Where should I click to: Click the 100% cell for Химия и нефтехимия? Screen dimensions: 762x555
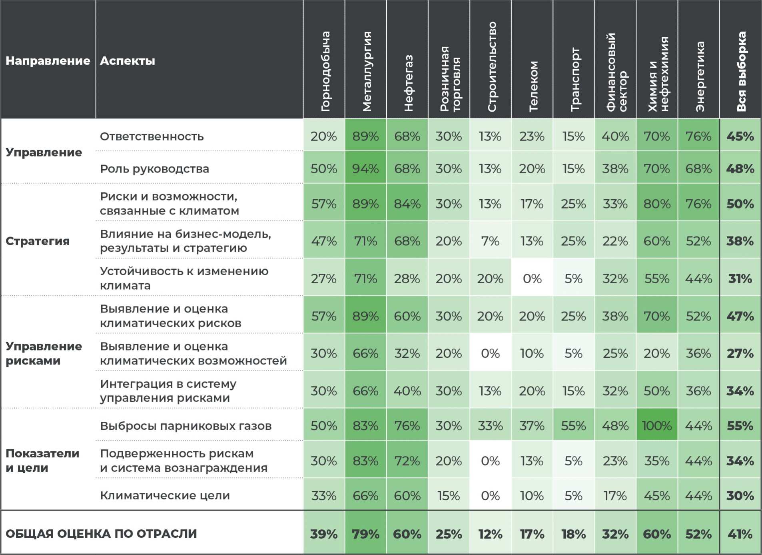[657, 426]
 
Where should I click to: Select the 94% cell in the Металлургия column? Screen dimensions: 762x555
[365, 169]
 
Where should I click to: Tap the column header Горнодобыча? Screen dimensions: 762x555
[325, 71]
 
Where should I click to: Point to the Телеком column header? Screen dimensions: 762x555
[533, 86]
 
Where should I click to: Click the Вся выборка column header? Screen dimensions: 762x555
[741, 71]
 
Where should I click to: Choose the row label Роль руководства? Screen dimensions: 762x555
[154, 169]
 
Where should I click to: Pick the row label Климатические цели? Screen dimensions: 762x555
[165, 495]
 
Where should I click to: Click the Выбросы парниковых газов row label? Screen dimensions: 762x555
[186, 426]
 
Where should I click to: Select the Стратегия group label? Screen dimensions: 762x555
[38, 241]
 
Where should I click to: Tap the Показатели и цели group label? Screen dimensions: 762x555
[42, 461]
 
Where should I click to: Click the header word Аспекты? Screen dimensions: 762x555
[127, 61]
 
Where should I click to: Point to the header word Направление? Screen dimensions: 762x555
[48, 61]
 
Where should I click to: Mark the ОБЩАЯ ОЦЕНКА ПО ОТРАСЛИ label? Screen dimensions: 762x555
[101, 534]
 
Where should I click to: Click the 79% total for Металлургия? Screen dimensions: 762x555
[365, 534]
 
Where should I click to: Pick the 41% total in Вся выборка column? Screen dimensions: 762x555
[740, 534]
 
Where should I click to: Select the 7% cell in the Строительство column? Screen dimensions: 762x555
[490, 241]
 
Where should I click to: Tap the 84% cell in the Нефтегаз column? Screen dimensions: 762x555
[407, 204]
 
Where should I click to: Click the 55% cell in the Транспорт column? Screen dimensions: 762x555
[573, 426]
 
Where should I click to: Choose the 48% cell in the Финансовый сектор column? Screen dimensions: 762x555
[615, 426]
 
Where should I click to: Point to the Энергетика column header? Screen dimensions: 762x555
[700, 76]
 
